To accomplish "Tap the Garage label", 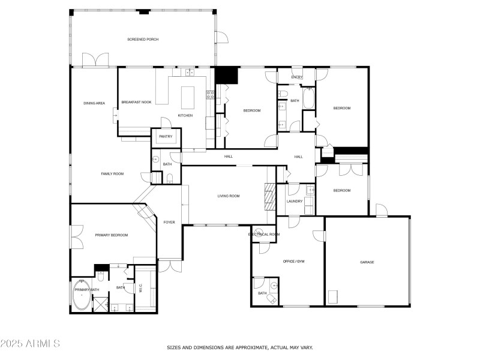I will [x=367, y=262].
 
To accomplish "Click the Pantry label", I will [x=166, y=137].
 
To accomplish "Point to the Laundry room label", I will [x=294, y=201].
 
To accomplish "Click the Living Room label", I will [x=229, y=196].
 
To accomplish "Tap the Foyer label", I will [x=169, y=223].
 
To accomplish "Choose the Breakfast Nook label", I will [x=135, y=103].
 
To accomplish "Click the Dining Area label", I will [x=94, y=103].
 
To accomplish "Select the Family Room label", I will [x=112, y=173].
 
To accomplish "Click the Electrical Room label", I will [x=264, y=234].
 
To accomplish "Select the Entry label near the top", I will [x=296, y=77].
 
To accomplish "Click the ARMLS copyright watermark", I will [x=30, y=344].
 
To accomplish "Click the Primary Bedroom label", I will [x=112, y=235].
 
